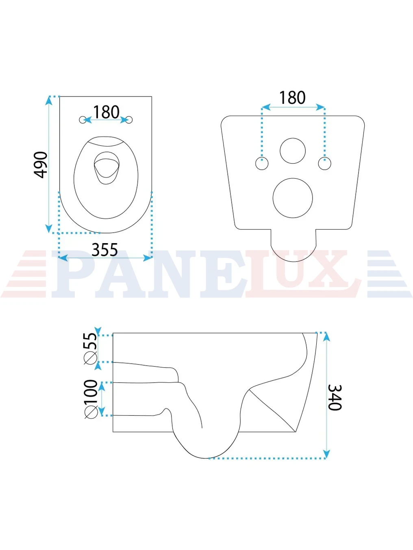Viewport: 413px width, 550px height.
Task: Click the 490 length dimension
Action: pyautogui.click(x=40, y=165)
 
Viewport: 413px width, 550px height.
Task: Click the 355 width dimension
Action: pyautogui.click(x=104, y=250)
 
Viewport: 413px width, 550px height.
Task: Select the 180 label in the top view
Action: pyautogui.click(x=106, y=112)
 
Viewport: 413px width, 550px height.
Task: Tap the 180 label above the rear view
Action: pyautogui.click(x=293, y=97)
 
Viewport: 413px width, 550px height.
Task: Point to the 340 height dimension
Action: pyautogui.click(x=335, y=397)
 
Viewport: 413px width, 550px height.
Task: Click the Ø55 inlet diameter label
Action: pyautogui.click(x=90, y=348)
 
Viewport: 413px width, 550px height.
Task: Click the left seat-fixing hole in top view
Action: pyautogui.click(x=82, y=120)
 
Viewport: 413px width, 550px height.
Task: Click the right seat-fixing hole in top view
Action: pyautogui.click(x=129, y=120)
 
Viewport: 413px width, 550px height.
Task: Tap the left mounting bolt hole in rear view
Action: pyautogui.click(x=262, y=164)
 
